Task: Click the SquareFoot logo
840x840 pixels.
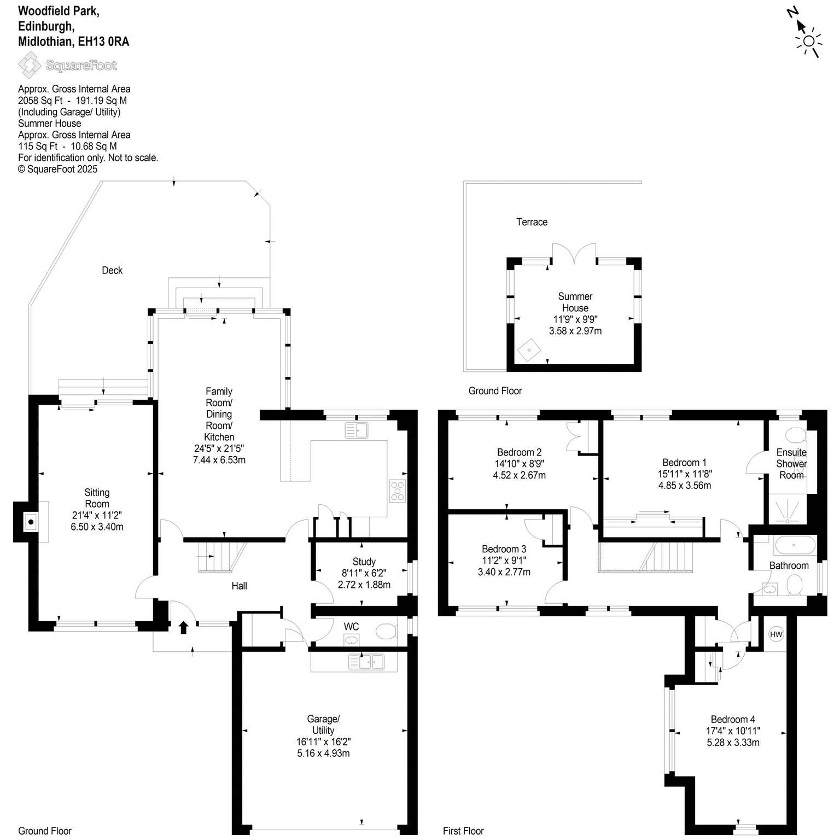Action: tap(68, 66)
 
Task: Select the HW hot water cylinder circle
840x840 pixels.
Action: tap(775, 634)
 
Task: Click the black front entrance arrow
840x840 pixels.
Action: tap(183, 627)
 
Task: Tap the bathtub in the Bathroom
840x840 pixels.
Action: tap(795, 546)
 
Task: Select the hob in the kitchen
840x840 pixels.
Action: tap(397, 491)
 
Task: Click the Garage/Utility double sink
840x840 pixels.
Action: tap(367, 662)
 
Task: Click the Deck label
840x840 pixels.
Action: tap(112, 270)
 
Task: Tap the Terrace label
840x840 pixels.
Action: tap(532, 222)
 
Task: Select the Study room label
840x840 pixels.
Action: tap(364, 562)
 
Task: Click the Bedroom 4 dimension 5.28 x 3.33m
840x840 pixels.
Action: tap(733, 743)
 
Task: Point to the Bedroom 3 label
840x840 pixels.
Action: tap(504, 549)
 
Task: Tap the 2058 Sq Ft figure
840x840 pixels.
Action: tap(38, 101)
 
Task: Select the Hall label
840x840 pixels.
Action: tap(239, 586)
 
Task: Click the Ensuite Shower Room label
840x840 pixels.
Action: tap(791, 464)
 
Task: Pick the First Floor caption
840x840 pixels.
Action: tap(463, 831)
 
